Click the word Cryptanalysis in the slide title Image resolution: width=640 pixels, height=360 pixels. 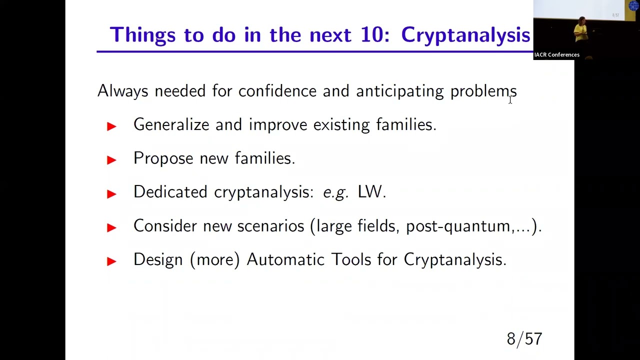click(x=465, y=35)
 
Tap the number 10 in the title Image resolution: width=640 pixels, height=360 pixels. click(x=375, y=35)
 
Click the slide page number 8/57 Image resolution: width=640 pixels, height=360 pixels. click(x=524, y=339)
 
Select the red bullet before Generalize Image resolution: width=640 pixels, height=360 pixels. click(x=111, y=126)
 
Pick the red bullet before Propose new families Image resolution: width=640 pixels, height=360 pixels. click(x=111, y=159)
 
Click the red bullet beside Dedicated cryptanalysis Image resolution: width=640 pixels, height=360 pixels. click(x=111, y=193)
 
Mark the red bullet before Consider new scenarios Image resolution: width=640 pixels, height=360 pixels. click(x=111, y=227)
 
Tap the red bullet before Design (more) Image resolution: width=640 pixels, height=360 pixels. click(x=111, y=260)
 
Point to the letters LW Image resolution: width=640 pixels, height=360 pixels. click(x=370, y=192)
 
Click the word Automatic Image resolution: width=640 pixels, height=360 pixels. click(x=285, y=259)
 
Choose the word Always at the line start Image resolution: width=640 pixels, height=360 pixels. click(x=122, y=91)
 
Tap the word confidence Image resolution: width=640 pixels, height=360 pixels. click(x=277, y=91)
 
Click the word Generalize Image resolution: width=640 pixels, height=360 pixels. click(x=171, y=124)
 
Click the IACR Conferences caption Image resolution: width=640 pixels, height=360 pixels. click(x=556, y=55)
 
